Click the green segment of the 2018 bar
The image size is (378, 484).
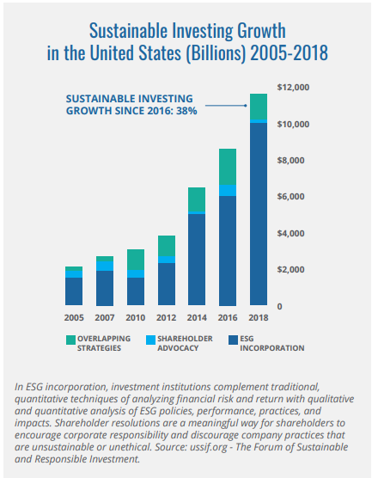point(259,107)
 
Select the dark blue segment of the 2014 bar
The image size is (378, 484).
point(197,260)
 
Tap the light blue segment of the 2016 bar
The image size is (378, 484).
point(228,190)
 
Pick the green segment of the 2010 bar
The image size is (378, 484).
point(136,260)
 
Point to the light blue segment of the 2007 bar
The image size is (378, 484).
point(105,267)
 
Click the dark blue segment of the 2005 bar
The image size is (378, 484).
point(74,291)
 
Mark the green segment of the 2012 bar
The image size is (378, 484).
point(167,246)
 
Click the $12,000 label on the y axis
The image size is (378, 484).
point(293,88)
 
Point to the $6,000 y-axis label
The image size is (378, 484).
point(290,197)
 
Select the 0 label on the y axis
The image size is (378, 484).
point(279,307)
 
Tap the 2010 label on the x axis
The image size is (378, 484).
point(136,317)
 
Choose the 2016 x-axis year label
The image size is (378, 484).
point(228,317)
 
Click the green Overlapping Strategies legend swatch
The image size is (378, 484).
point(70,340)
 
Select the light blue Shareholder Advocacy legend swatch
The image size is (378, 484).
point(151,340)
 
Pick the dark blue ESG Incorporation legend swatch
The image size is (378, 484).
point(234,340)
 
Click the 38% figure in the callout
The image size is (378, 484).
point(186,111)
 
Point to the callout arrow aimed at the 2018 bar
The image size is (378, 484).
point(226,106)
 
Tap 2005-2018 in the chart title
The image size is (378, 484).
point(289,52)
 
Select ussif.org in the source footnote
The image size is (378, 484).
point(207,447)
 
